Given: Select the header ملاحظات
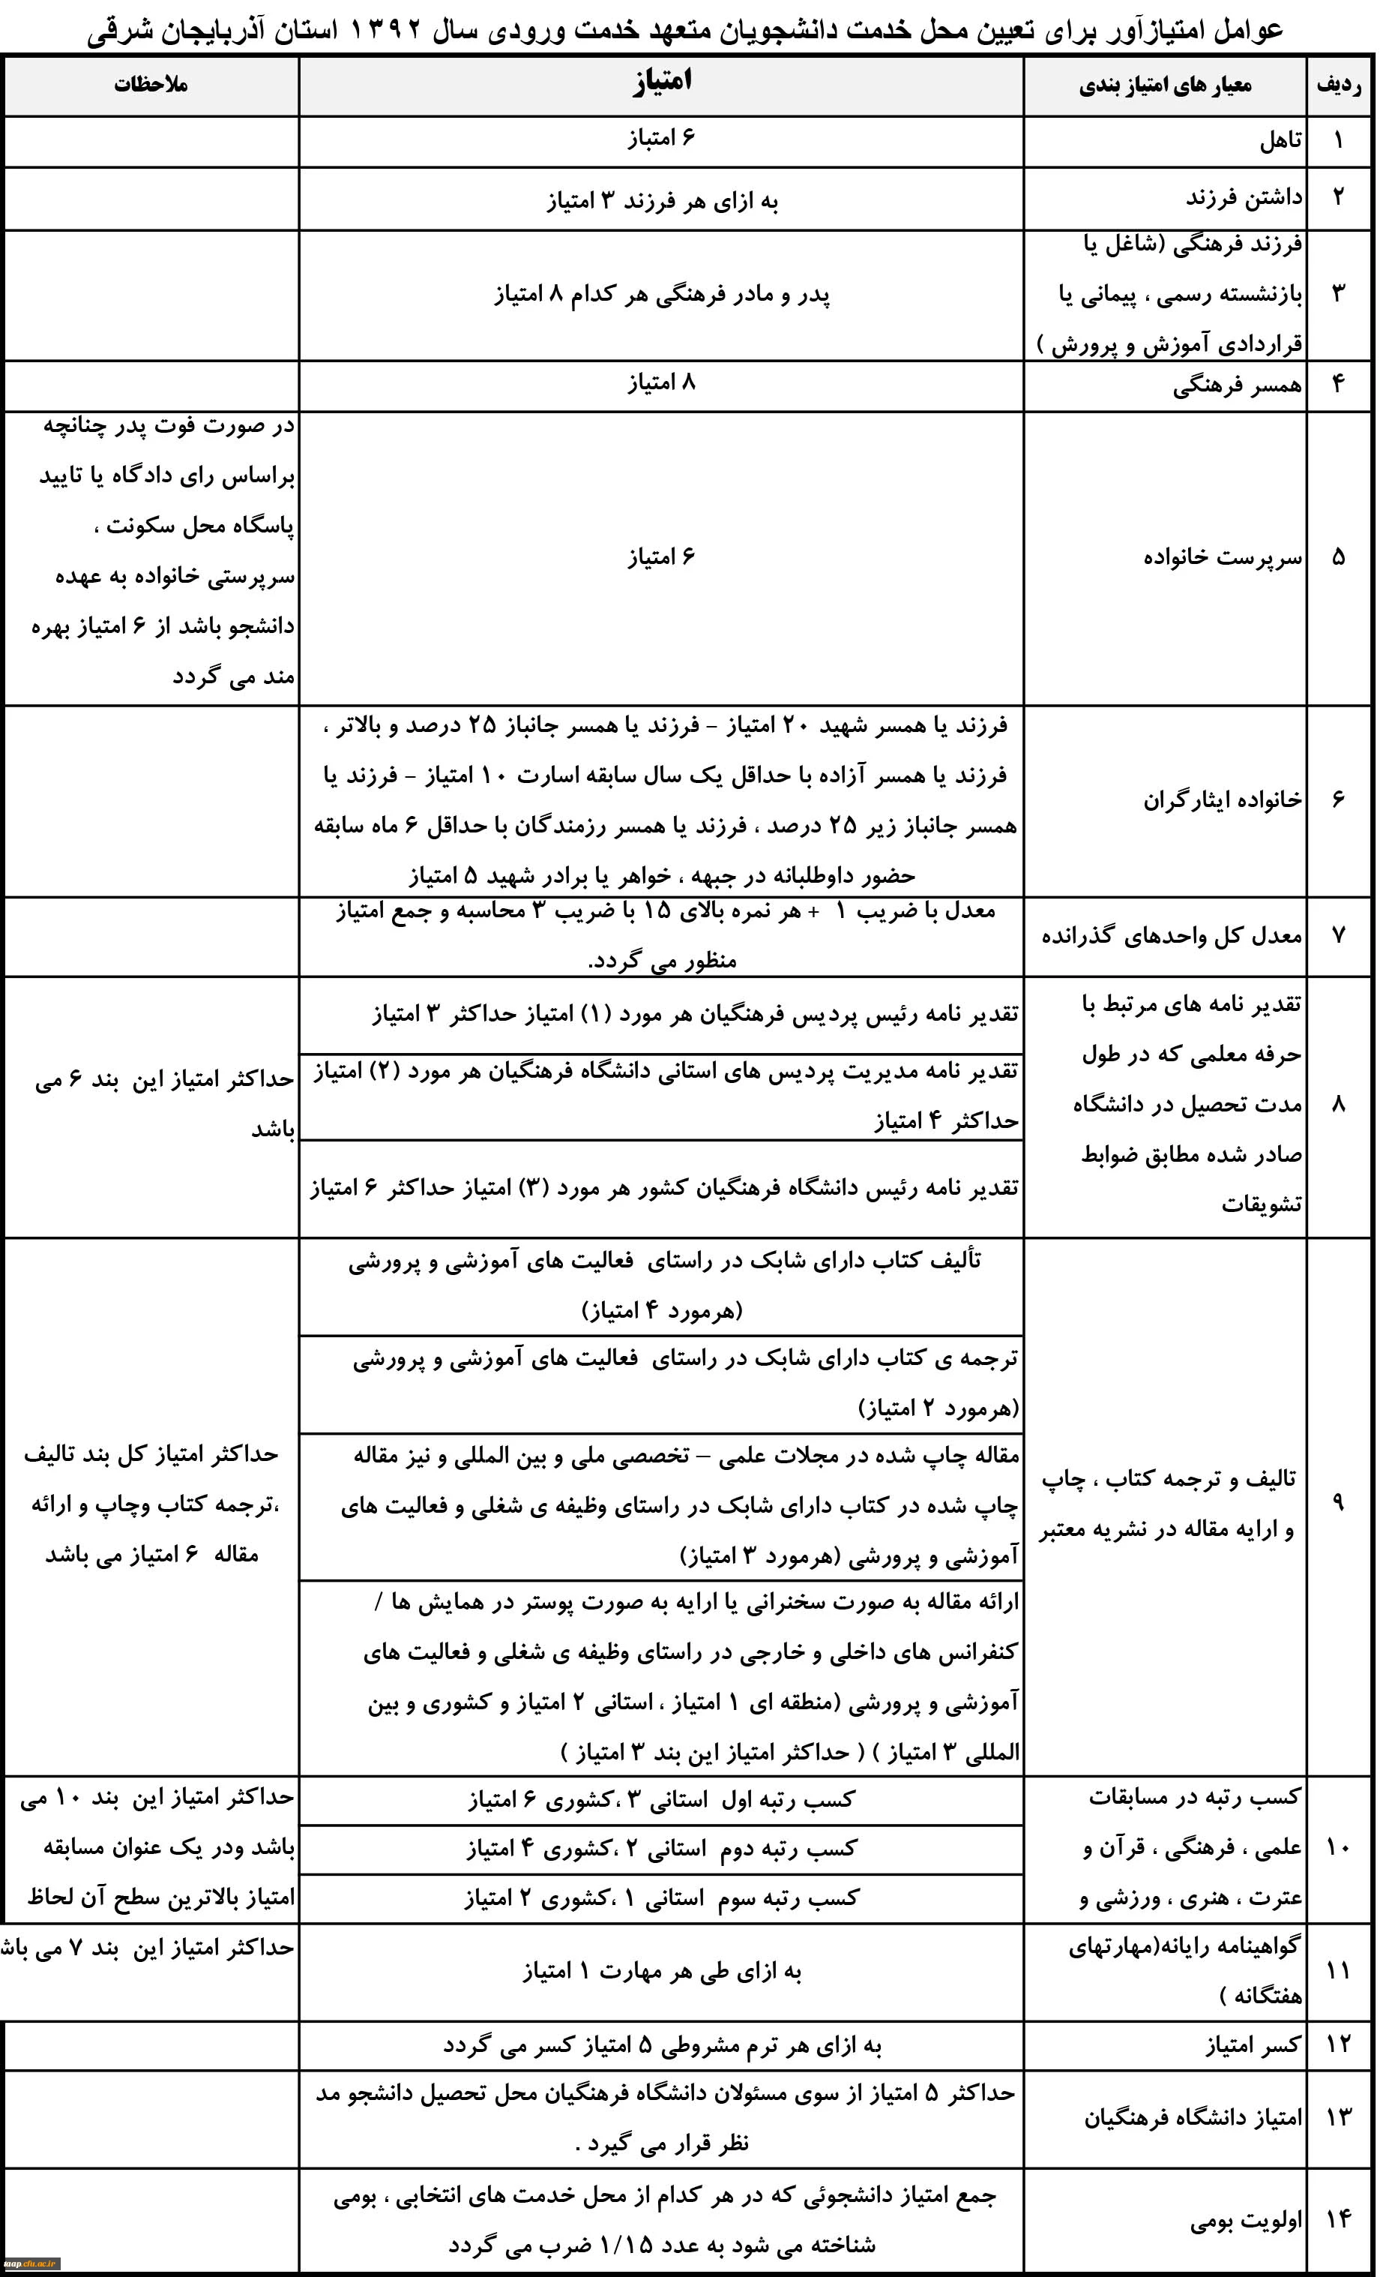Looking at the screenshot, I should tap(151, 85).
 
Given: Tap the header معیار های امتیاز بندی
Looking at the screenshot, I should tap(1165, 86).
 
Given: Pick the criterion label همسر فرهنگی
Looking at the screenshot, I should tap(1237, 385).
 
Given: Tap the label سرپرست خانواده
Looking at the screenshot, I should tap(1222, 557).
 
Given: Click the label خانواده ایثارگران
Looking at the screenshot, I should tap(1222, 799).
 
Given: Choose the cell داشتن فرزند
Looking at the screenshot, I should tap(1244, 198).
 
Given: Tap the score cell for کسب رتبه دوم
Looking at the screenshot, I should tap(661, 1847).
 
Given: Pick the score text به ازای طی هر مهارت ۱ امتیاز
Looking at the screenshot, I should tap(661, 1971).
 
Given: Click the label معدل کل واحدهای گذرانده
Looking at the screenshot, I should tap(1172, 936).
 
